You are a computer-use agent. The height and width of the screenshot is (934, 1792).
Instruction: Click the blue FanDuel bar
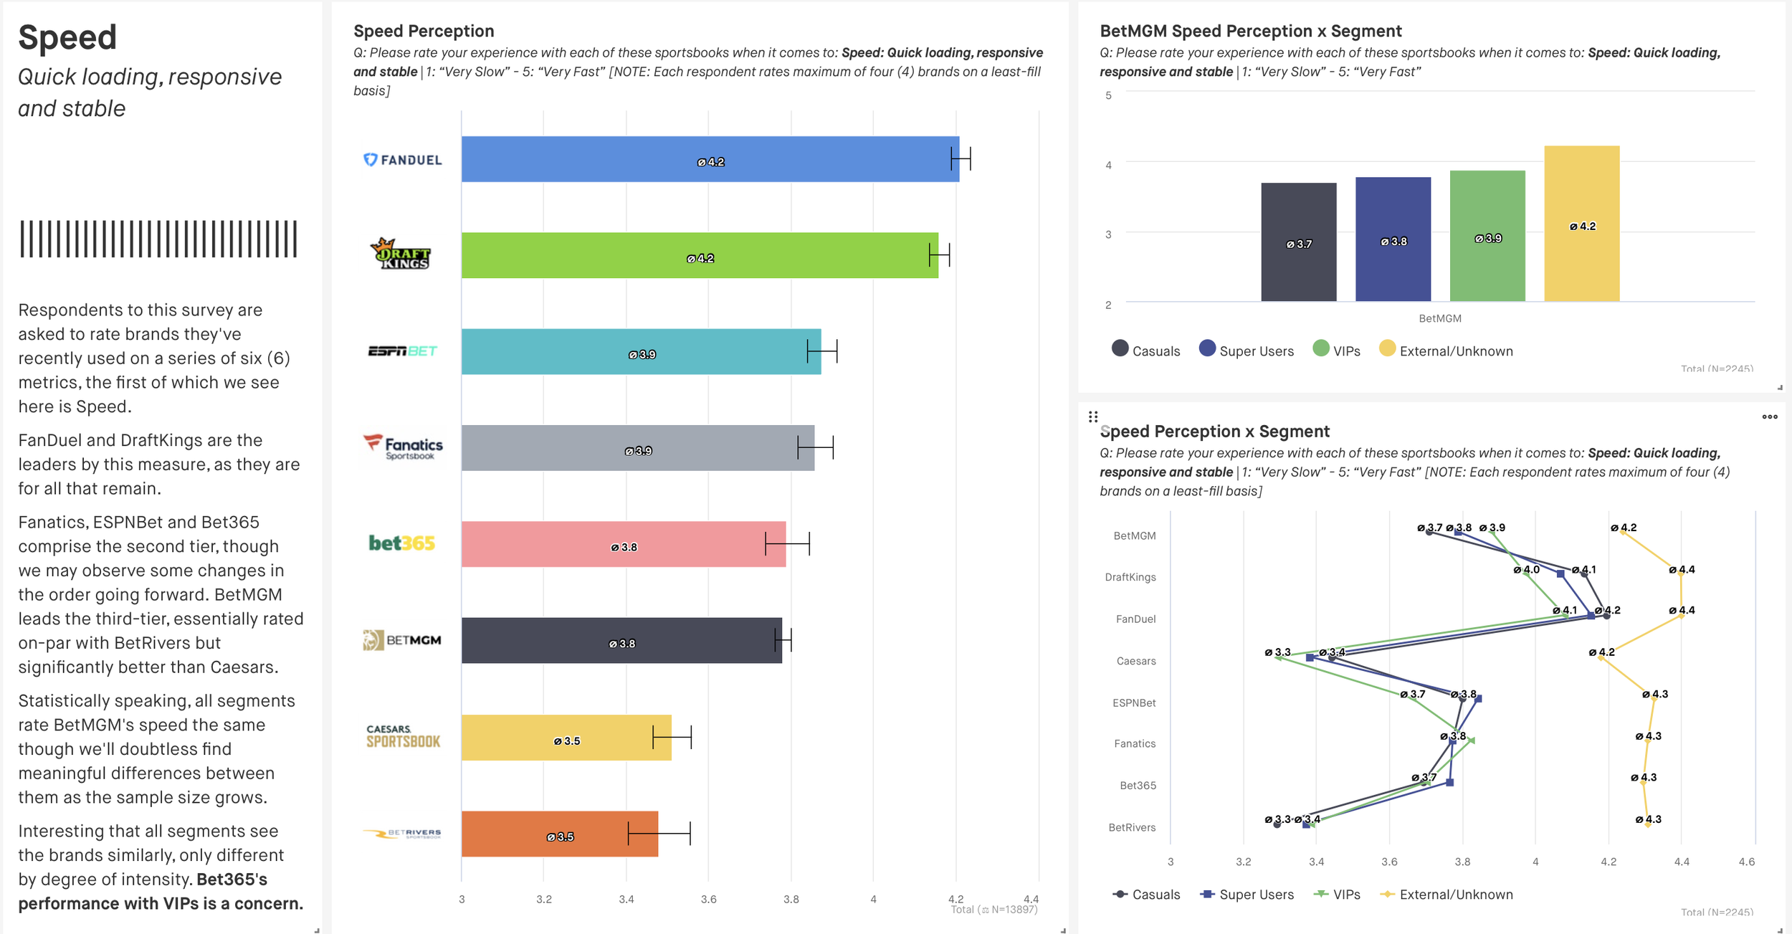coord(710,159)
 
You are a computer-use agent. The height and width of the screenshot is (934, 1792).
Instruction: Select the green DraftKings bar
coord(699,255)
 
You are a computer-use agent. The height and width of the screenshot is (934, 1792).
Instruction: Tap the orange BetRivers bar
coord(559,834)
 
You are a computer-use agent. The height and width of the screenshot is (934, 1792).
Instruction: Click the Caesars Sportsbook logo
coord(403,737)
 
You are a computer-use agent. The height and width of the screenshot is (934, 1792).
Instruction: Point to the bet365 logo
coord(401,543)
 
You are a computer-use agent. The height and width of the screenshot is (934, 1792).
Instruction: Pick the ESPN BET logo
coord(402,351)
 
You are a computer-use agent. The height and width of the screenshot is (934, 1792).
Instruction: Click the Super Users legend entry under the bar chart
coord(1247,351)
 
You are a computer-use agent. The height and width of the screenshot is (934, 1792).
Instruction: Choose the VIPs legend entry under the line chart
coord(1337,895)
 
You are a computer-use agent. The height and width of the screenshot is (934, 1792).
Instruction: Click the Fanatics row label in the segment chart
coord(1135,744)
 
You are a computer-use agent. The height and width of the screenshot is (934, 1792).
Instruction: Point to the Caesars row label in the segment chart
coord(1136,661)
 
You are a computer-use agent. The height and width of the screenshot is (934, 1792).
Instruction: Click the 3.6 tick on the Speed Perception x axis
coord(708,899)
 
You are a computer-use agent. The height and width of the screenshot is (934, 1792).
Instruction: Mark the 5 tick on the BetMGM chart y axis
coord(1108,95)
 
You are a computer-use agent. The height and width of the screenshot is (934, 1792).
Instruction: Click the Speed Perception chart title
coord(424,31)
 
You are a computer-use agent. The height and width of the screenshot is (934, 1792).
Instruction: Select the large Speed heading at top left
coord(67,37)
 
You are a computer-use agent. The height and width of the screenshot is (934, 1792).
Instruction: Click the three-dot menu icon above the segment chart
coord(1770,416)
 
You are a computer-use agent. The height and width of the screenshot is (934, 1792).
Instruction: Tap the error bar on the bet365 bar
coord(787,543)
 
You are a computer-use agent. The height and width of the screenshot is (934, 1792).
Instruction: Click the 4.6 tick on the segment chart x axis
coord(1747,862)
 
